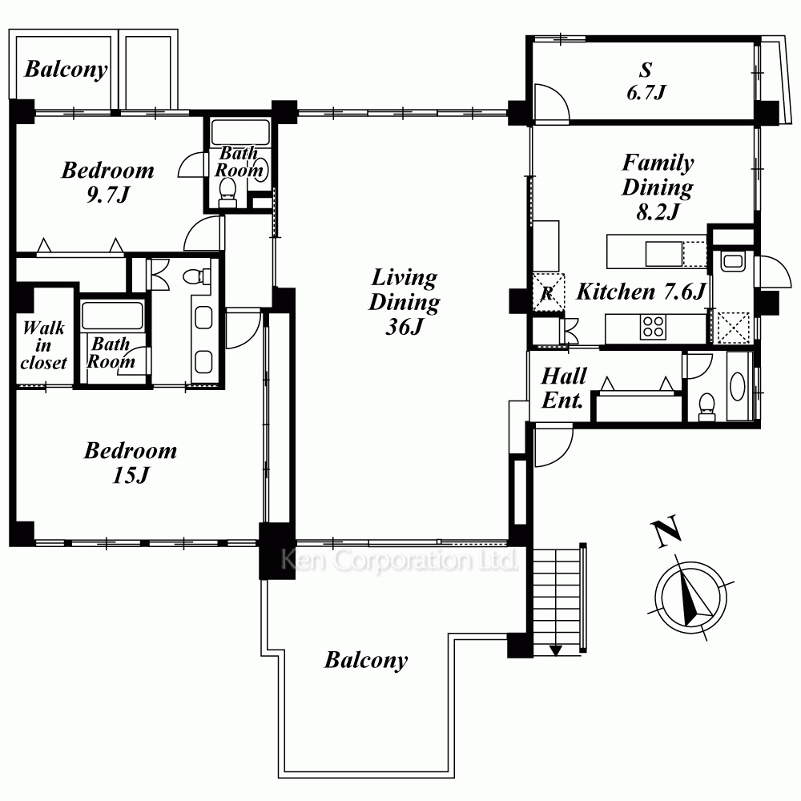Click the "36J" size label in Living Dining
tap(404, 326)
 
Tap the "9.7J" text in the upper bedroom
tap(108, 195)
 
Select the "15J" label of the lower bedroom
tap(131, 475)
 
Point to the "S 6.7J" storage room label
tap(646, 81)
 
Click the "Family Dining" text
tap(658, 175)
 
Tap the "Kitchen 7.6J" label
tap(641, 292)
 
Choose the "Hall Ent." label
tap(563, 388)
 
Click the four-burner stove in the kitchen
tap(653, 327)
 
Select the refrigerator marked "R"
tap(549, 292)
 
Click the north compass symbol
tap(691, 598)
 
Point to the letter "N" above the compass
tap(666, 531)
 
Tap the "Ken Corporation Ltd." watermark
tap(399, 560)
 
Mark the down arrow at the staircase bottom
tap(556, 650)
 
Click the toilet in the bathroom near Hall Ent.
tap(707, 407)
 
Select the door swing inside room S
tap(551, 103)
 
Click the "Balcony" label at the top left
tap(66, 70)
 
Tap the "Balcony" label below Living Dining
tap(366, 660)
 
